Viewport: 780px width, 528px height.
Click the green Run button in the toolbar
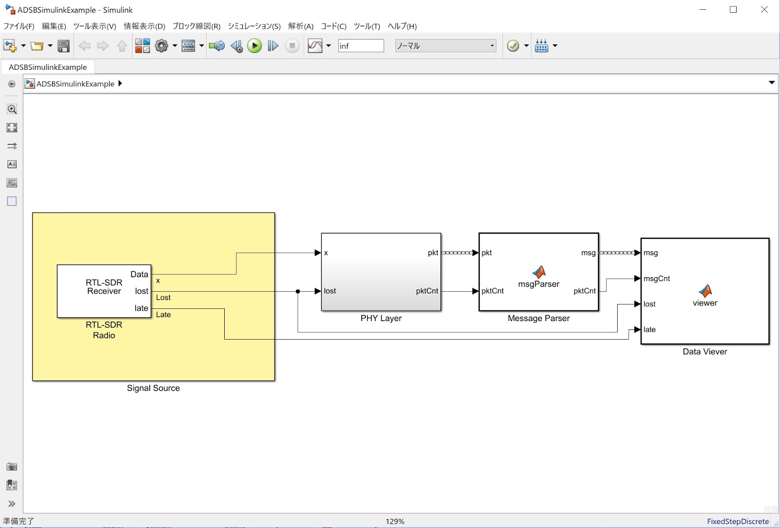(x=254, y=46)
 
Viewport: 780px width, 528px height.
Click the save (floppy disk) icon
(x=63, y=46)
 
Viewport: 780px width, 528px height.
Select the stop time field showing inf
(x=361, y=46)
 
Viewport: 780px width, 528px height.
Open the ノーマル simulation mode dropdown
(x=446, y=46)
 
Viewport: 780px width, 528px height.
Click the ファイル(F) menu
(x=19, y=26)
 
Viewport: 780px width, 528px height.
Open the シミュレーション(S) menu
(x=254, y=26)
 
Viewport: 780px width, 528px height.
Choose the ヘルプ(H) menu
(x=402, y=26)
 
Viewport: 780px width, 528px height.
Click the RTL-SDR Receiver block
(x=104, y=291)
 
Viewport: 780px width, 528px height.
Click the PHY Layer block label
(x=381, y=318)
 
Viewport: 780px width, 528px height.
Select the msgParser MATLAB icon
(x=539, y=271)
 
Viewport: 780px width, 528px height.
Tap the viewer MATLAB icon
(x=705, y=291)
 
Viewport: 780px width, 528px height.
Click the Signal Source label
(x=153, y=388)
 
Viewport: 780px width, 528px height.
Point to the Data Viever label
(x=705, y=351)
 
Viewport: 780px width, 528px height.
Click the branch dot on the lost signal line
(x=298, y=291)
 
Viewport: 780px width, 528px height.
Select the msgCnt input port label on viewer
(x=656, y=279)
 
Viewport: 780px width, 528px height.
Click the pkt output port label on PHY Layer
(x=433, y=253)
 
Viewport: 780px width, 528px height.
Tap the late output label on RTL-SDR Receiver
(x=141, y=308)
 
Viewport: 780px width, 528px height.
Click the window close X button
(x=764, y=10)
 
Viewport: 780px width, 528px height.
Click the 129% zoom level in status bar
(x=395, y=521)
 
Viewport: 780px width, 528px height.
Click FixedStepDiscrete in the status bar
(x=738, y=521)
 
